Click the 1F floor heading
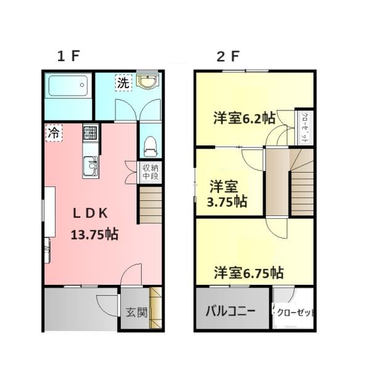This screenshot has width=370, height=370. tap(68, 57)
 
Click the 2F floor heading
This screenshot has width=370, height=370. tap(227, 57)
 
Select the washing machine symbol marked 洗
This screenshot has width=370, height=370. tap(123, 84)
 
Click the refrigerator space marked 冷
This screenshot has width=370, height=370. tap(54, 132)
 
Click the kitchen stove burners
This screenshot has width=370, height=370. tap(90, 133)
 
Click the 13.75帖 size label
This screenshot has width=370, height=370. tap(95, 235)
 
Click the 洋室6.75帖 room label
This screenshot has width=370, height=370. tap(249, 272)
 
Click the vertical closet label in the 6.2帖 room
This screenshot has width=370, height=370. tap(304, 128)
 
